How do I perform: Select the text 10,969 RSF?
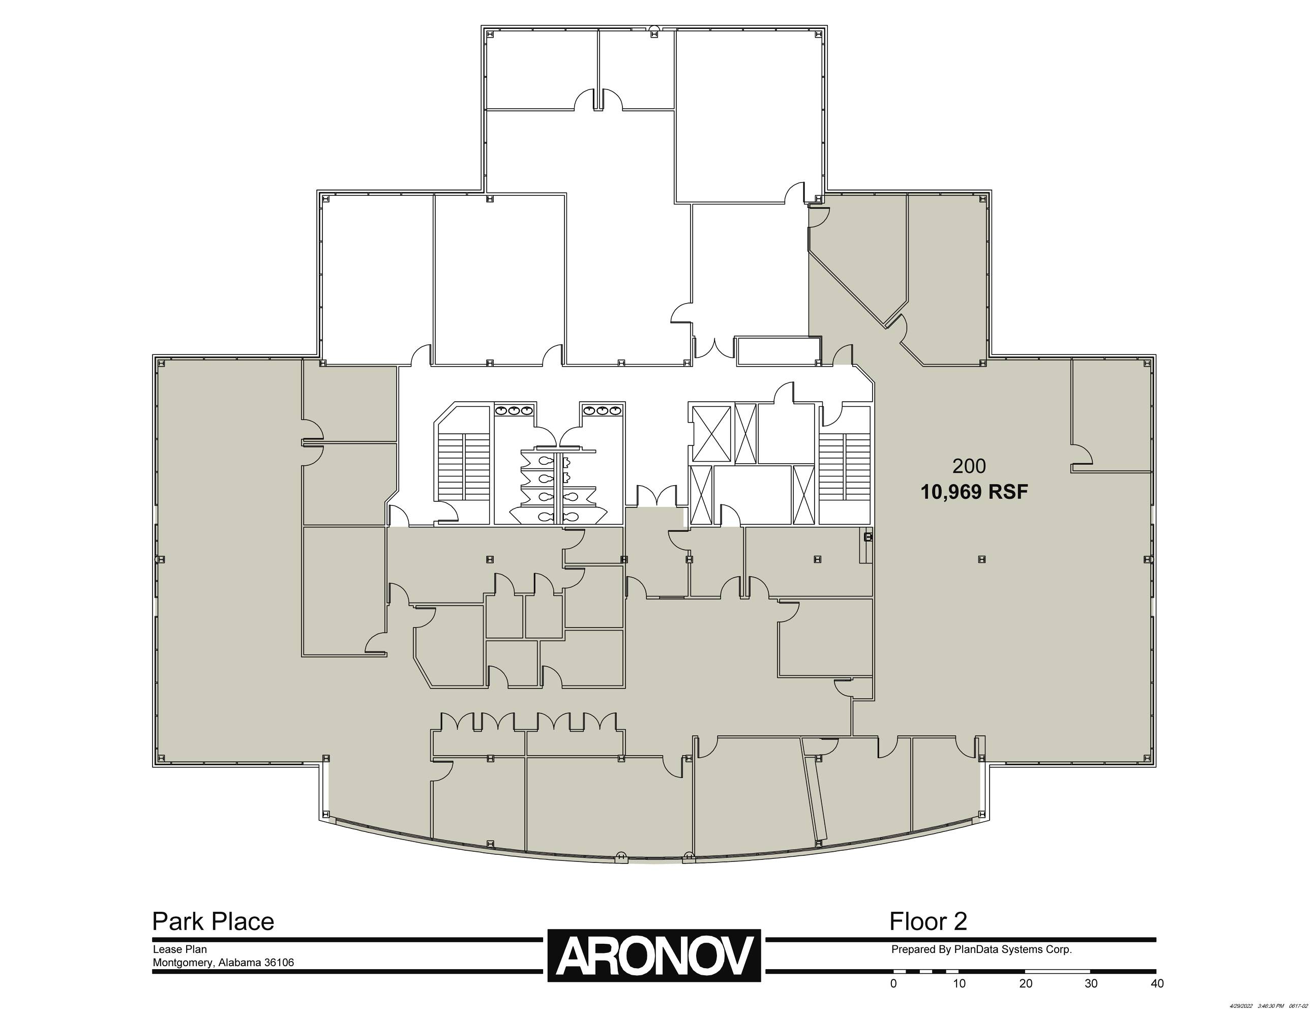[974, 492]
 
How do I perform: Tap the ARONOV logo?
[654, 955]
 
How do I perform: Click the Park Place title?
[213, 921]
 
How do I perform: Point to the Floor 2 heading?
[928, 921]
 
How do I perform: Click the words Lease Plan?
[180, 949]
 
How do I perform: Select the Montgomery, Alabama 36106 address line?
[223, 963]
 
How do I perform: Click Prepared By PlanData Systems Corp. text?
[981, 949]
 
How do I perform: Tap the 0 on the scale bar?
[893, 984]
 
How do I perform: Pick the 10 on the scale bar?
[959, 984]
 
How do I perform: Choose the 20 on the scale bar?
[1026, 984]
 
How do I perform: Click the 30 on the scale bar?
[1091, 984]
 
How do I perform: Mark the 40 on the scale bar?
[1157, 984]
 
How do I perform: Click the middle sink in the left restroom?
[514, 411]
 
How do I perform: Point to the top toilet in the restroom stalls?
[547, 461]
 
